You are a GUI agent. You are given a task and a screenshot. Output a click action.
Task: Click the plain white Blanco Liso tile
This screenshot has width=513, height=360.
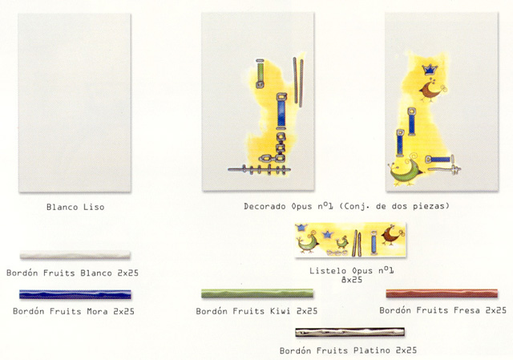[75, 103]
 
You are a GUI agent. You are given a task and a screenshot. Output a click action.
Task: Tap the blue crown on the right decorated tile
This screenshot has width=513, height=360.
[430, 70]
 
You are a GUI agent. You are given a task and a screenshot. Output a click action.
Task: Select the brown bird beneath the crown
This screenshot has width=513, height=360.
[431, 91]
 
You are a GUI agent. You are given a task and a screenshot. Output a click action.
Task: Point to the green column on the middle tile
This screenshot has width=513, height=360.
[260, 74]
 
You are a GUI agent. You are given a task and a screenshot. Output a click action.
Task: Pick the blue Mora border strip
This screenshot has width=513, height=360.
[75, 294]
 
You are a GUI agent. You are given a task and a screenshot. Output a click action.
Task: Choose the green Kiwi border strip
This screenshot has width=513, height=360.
[257, 293]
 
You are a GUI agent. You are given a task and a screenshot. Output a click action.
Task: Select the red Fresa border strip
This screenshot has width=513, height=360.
[442, 293]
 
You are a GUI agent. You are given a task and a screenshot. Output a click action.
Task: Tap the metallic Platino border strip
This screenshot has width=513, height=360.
[350, 332]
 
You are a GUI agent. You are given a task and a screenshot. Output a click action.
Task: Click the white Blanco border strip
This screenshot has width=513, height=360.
[75, 255]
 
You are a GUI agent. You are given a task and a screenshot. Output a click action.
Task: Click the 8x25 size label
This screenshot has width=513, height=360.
[352, 280]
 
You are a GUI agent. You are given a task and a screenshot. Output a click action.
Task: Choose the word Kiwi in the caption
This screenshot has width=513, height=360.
[281, 311]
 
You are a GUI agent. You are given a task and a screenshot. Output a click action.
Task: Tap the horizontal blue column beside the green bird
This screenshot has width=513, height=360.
[440, 160]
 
